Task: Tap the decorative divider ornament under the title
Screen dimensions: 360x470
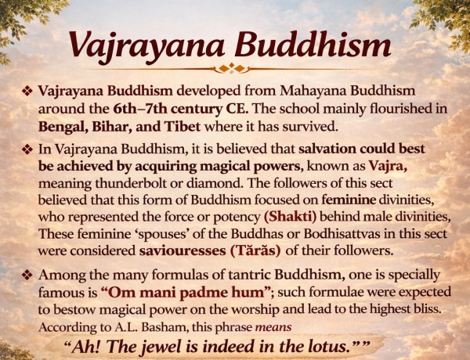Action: click(235, 68)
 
